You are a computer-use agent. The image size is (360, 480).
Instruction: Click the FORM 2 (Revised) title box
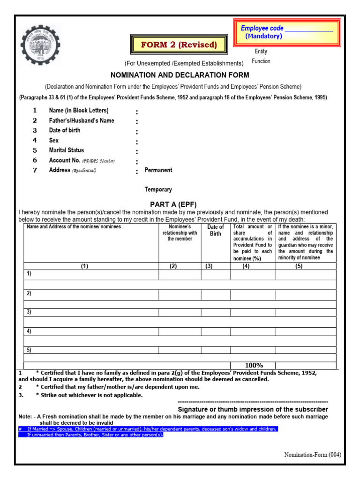[x=179, y=45]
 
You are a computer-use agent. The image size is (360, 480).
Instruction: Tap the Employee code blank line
[x=309, y=30]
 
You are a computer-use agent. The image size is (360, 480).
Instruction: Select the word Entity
[x=261, y=51]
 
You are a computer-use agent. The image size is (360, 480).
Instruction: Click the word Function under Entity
[x=261, y=61]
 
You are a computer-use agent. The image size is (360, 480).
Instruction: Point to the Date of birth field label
[x=65, y=130]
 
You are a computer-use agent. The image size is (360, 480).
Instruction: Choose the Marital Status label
[x=67, y=150]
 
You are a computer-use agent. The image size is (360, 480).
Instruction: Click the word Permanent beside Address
[x=158, y=170]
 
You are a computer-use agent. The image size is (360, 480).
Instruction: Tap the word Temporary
[x=158, y=190]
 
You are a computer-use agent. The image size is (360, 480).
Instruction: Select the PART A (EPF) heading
[x=173, y=204]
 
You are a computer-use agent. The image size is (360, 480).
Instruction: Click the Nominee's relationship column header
[x=180, y=233]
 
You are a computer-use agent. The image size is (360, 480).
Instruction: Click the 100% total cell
[x=253, y=366]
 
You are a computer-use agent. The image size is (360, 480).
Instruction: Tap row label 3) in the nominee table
[x=29, y=312]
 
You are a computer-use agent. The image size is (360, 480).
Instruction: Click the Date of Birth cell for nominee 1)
[x=216, y=275]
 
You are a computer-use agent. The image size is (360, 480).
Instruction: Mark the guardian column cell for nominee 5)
[x=305, y=350]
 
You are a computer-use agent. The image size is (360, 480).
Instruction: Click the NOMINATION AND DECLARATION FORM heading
[x=180, y=75]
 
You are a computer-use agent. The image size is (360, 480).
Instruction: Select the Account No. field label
[x=65, y=160]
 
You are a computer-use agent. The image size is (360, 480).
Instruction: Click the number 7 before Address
[x=35, y=170]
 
